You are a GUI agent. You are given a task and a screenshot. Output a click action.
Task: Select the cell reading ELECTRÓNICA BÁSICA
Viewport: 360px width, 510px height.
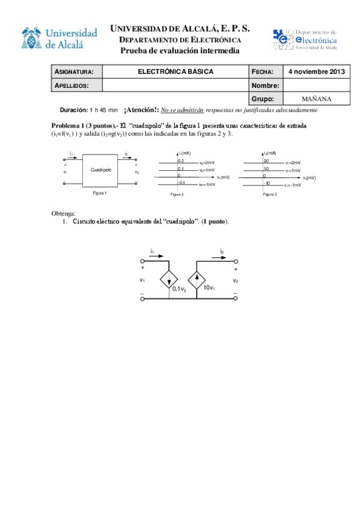[x=175, y=72]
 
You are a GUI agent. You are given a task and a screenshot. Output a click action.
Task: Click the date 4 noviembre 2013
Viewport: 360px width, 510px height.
[x=316, y=72]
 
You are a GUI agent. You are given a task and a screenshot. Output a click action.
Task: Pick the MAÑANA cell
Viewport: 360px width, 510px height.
[x=316, y=99]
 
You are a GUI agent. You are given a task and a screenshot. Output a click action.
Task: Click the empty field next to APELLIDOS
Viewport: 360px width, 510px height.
[x=175, y=85]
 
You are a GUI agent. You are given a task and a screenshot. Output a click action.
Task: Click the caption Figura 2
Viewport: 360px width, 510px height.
[x=177, y=195]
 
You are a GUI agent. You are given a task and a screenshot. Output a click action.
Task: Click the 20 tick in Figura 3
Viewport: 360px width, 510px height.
[x=266, y=162]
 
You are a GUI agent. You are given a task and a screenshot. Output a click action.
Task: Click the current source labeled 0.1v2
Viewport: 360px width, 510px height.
[x=169, y=281]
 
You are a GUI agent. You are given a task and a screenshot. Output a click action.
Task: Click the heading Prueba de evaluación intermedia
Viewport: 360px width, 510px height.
[x=180, y=51]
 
